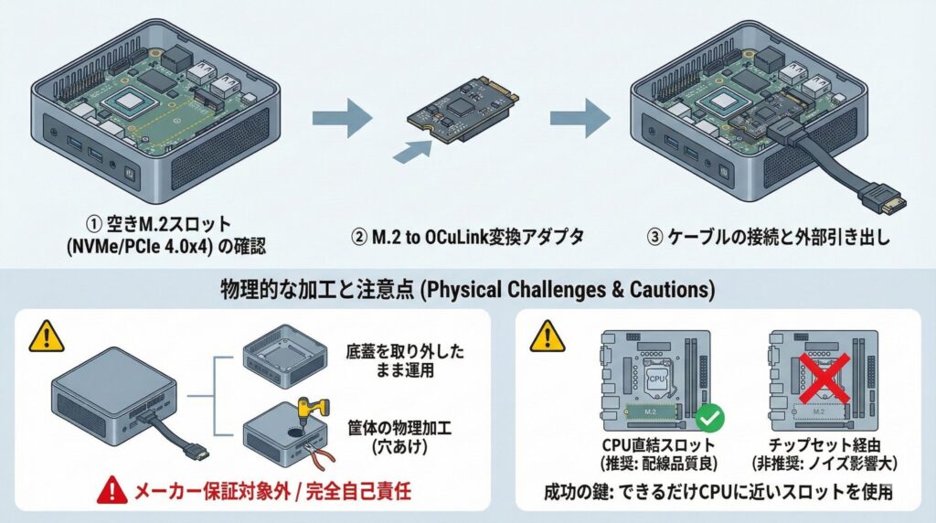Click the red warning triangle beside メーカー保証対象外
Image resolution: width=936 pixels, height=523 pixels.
(x=115, y=491)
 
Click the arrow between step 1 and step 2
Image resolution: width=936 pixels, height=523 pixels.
(x=342, y=119)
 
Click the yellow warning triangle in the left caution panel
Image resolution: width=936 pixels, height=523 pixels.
(x=42, y=337)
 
